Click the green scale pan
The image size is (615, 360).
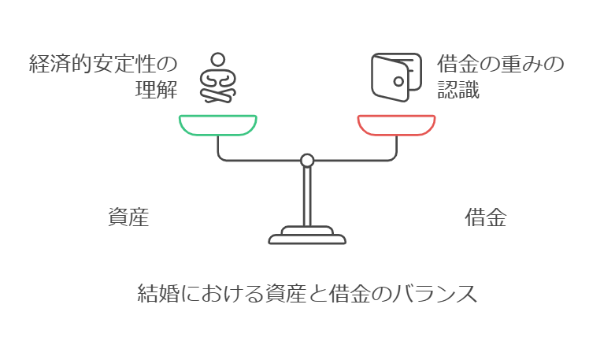pos(217,132)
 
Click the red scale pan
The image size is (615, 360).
pos(396,132)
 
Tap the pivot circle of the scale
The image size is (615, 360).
pos(307,161)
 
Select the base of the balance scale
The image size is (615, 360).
pos(307,236)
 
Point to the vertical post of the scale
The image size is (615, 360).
pos(307,196)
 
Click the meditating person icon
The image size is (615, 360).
pos(217,78)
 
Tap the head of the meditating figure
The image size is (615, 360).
pos(217,60)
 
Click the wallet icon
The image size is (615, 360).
pos(396,77)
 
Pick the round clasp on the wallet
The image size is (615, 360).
pos(398,82)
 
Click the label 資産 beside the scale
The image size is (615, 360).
pos(128,217)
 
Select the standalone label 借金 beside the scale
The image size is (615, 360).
pos(486,217)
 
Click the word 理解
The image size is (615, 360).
pos(157,90)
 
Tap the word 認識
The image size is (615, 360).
pos(458,90)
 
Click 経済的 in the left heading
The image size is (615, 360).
pos(61,64)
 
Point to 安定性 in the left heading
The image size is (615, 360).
pos(124,64)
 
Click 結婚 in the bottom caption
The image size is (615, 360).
pos(158,293)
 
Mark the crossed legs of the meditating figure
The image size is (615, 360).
pos(217,95)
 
